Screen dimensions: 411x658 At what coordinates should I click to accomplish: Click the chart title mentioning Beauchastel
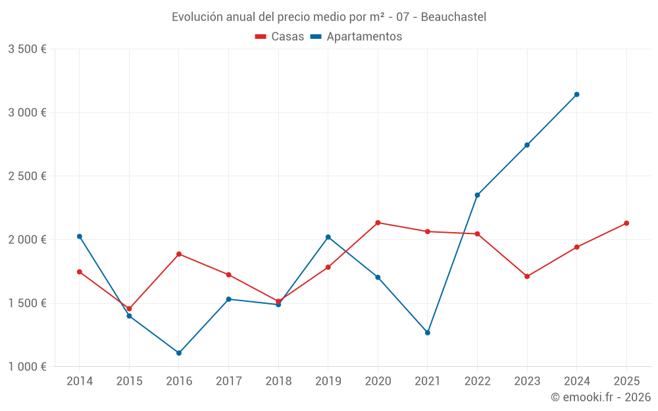click(329, 17)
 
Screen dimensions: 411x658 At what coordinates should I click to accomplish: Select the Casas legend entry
click(280, 37)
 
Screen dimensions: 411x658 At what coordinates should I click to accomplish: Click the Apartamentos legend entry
click(356, 37)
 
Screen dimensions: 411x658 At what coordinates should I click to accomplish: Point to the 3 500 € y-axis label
click(28, 49)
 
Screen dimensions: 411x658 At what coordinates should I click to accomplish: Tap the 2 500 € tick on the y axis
click(28, 176)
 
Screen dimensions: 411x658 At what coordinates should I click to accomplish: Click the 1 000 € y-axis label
click(28, 367)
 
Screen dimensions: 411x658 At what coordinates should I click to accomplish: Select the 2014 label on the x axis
click(80, 381)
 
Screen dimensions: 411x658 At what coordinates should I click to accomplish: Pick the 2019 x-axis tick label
click(328, 381)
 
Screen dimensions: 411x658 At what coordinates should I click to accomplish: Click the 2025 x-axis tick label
click(626, 381)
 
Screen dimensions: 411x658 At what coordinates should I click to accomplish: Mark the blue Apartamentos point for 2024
click(577, 95)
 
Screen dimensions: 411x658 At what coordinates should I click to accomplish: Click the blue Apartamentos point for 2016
click(179, 353)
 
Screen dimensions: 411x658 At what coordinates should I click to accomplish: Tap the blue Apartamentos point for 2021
click(428, 333)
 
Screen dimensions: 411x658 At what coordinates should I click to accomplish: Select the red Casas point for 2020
click(378, 222)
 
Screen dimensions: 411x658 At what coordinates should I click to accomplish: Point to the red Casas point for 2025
click(626, 223)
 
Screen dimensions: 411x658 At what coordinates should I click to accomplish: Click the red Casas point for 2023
click(527, 276)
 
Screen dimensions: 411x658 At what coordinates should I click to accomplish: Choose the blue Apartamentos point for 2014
click(80, 236)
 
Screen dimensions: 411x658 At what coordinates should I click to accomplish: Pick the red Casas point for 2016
click(179, 254)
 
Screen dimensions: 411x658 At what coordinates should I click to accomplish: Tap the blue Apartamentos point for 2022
click(478, 195)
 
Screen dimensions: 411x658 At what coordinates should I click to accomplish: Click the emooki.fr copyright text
click(600, 397)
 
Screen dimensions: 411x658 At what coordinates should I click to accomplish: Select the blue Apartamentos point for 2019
click(328, 237)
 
